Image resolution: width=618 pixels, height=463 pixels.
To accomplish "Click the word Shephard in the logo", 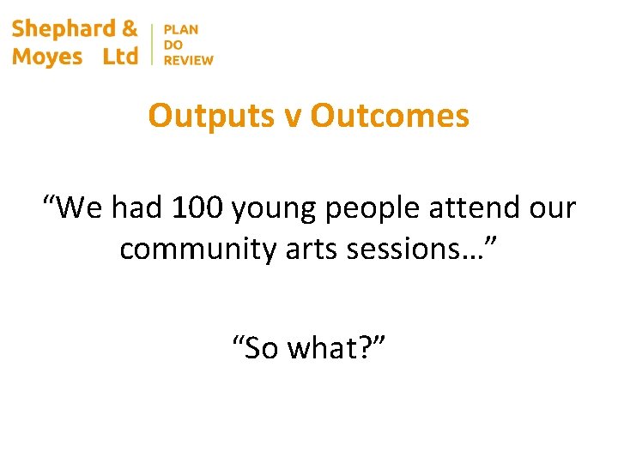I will pyautogui.click(x=64, y=29).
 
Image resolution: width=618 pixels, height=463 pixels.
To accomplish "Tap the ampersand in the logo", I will pyautogui.click(x=130, y=29).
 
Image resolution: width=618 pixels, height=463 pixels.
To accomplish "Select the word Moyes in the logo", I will pyautogui.click(x=47, y=57).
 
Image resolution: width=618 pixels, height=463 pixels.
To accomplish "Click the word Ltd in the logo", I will pyautogui.click(x=120, y=57).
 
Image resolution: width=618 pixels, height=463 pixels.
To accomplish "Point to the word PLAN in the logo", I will pyautogui.click(x=180, y=30).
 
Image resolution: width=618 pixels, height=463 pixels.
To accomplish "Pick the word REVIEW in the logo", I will pyautogui.click(x=188, y=60).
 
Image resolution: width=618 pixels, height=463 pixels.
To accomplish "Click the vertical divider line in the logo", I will pyautogui.click(x=151, y=44).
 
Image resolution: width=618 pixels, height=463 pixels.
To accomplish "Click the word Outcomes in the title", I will pyautogui.click(x=390, y=116).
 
